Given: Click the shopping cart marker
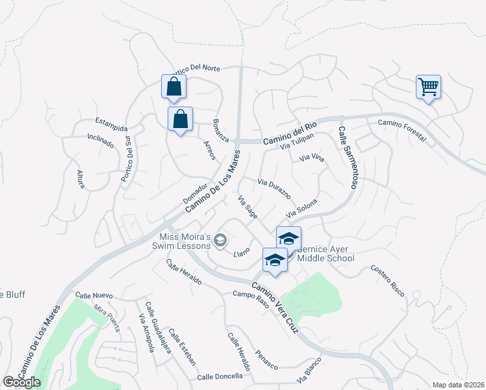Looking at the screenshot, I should [x=428, y=86].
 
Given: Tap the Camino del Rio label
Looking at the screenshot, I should [x=289, y=133].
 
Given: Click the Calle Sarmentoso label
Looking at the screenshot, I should [x=347, y=158].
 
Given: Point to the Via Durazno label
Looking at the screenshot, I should [x=278, y=188].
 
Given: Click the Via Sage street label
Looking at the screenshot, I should [x=248, y=207].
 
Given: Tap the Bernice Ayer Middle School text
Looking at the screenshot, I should [x=326, y=253].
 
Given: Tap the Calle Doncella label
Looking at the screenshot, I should [x=220, y=376].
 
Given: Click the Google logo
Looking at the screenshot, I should [x=21, y=382].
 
